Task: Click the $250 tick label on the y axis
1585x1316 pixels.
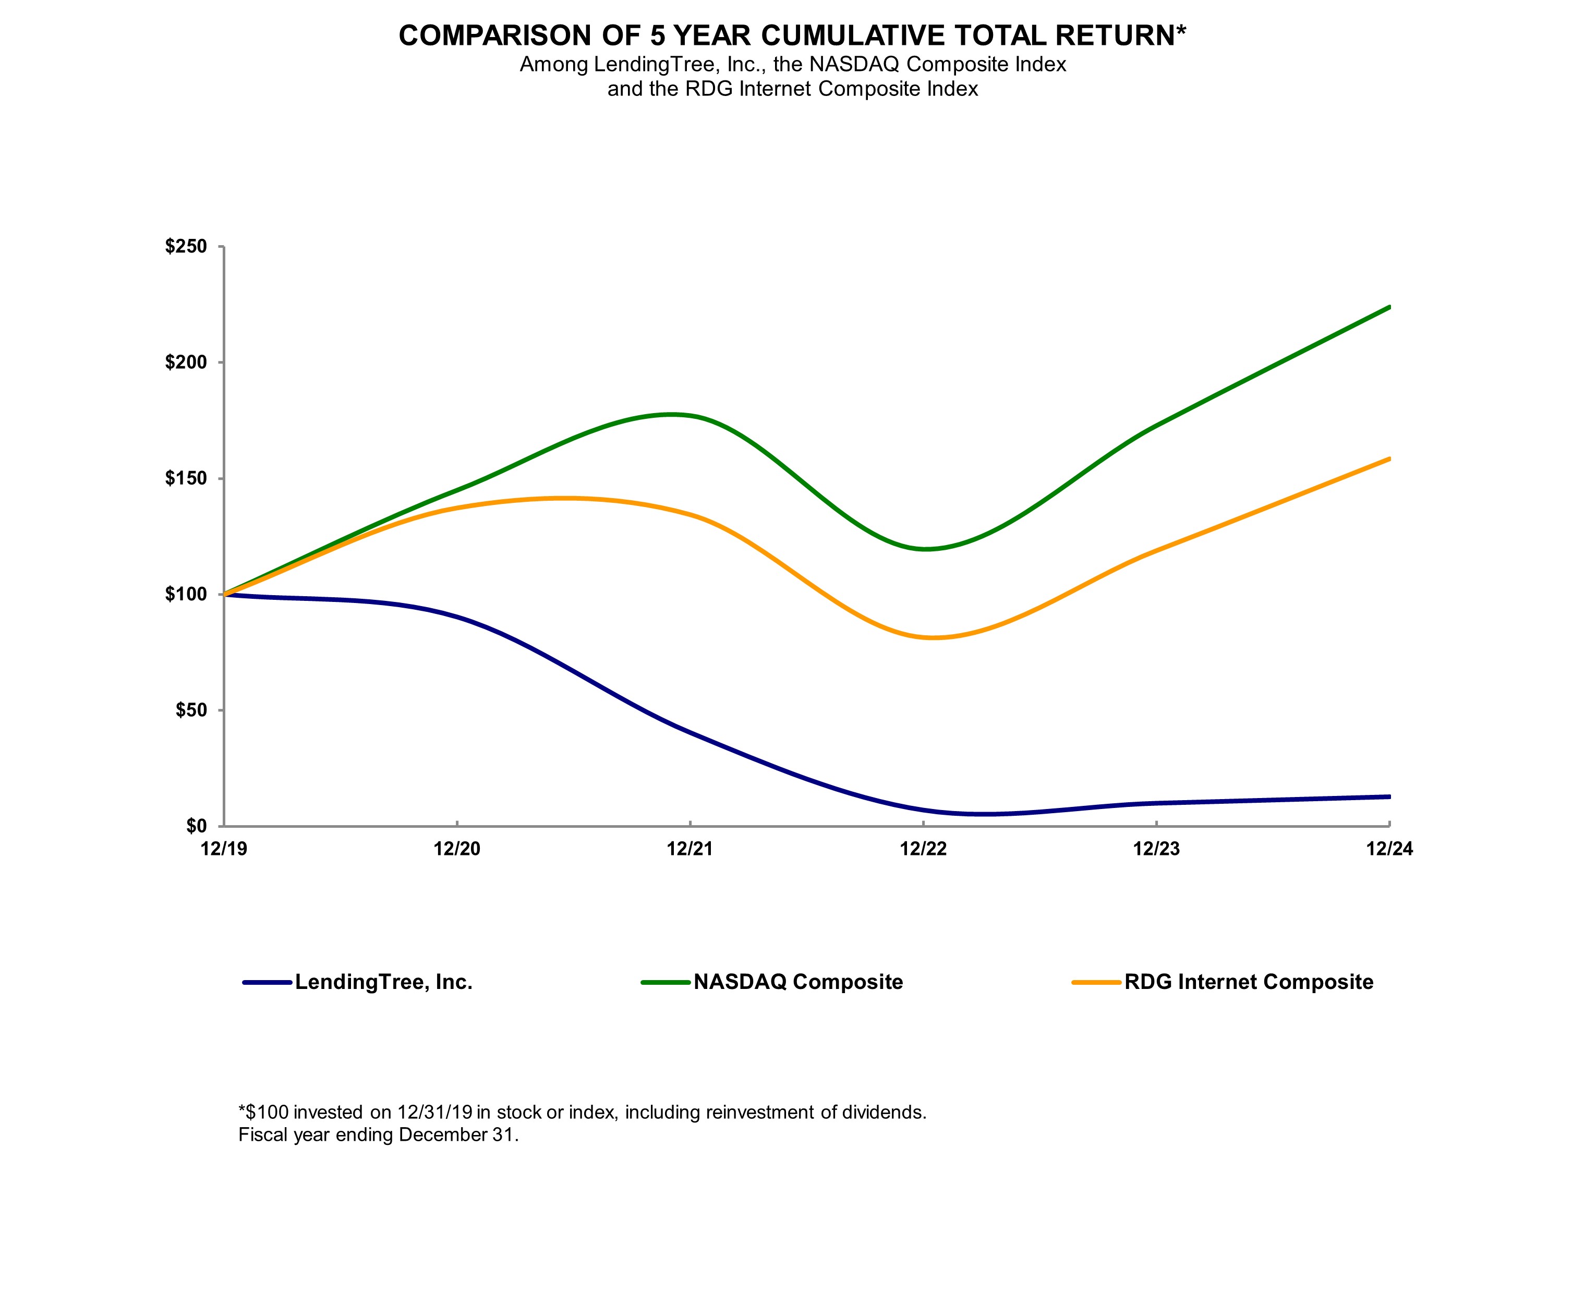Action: tap(186, 247)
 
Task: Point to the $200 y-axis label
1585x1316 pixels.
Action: tap(186, 363)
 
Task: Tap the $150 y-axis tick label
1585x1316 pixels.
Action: tap(186, 479)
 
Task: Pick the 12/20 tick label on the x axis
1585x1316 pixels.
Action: tap(457, 849)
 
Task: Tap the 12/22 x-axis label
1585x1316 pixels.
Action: tap(923, 849)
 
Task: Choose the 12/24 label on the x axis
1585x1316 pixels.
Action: tap(1389, 849)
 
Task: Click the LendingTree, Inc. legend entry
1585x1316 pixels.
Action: tap(383, 982)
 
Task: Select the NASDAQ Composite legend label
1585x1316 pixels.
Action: tap(798, 982)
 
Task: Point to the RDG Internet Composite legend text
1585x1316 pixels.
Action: tap(1249, 982)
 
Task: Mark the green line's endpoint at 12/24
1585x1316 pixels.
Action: tap(1389, 307)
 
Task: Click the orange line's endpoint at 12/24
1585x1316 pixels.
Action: tap(1389, 459)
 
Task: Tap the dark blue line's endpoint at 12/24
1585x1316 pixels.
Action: tap(1389, 796)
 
